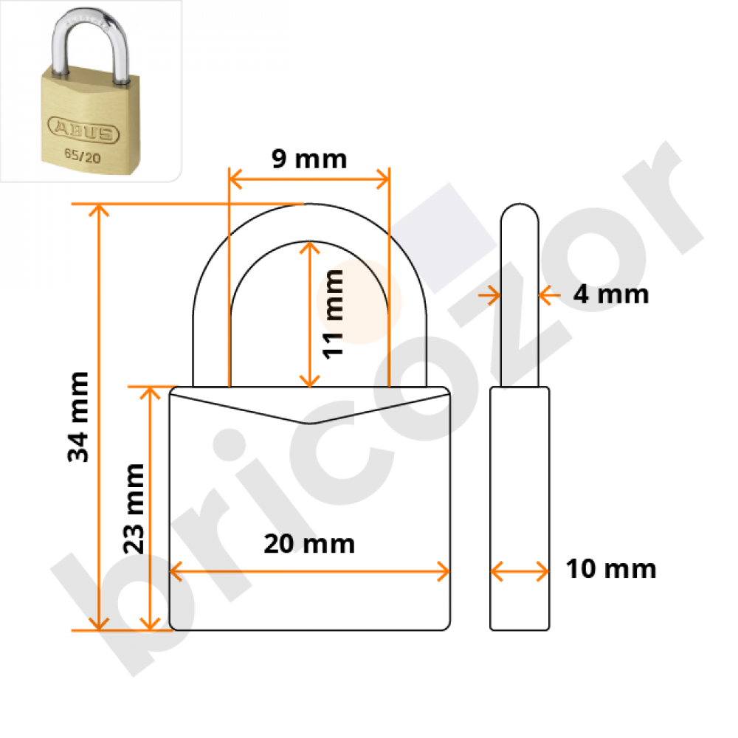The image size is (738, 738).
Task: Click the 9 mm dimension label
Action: coord(309,159)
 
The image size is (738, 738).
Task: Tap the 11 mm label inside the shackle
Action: coord(333,314)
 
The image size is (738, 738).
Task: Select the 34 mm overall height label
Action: coord(78,417)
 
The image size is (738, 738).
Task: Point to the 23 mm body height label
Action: coord(133,508)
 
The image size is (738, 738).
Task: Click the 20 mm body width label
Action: coord(309,544)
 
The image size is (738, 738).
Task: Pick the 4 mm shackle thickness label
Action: coord(611,294)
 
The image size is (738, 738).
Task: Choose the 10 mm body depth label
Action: coord(611,568)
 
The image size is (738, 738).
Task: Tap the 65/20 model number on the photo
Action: coord(83,155)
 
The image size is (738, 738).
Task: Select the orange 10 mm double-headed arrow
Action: coord(520,571)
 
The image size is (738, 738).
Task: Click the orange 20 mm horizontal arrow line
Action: coord(309,571)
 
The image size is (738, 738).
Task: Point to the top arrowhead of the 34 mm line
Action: coord(99,210)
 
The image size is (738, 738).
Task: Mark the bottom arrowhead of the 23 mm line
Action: coord(150,624)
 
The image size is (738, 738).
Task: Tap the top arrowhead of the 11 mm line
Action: coord(309,247)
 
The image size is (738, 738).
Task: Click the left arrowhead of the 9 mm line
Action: coord(235,179)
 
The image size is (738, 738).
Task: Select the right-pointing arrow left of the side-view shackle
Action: coord(489,296)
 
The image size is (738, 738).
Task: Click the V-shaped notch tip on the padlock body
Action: coord(309,423)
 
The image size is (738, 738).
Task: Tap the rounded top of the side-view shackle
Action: coord(520,213)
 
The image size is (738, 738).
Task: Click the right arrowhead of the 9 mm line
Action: coord(383,179)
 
